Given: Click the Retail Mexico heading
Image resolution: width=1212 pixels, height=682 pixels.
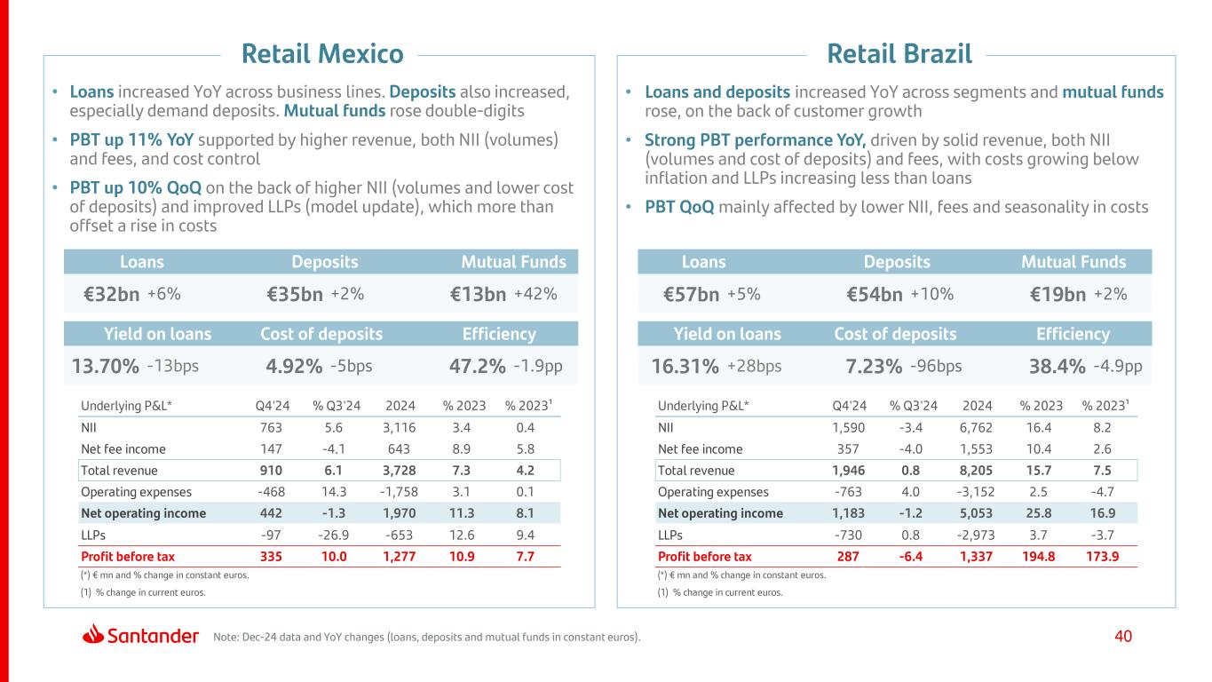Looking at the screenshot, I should [322, 54].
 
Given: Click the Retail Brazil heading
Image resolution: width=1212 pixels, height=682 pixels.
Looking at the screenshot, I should [899, 54].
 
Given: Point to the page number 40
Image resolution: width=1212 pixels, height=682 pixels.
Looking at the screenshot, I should [1123, 636].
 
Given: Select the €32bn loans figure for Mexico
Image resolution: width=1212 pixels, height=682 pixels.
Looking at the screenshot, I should [111, 295].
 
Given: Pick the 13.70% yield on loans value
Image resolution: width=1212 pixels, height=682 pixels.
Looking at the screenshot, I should [105, 367].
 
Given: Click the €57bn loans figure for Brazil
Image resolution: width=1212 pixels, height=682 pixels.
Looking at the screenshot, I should [691, 295].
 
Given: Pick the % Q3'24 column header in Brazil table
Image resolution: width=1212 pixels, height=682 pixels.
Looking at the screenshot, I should [913, 406].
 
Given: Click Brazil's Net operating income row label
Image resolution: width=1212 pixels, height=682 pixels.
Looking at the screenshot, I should [720, 513].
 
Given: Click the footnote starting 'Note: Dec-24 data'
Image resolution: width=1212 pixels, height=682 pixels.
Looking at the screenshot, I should [426, 637].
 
